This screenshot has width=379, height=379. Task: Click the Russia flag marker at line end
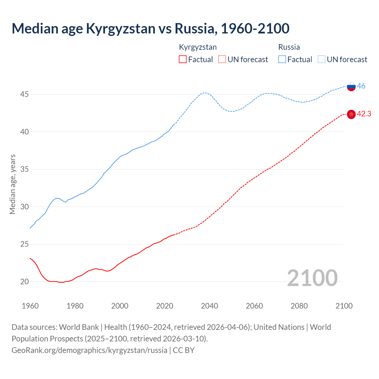351,86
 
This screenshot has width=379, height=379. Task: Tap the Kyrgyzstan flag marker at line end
351,114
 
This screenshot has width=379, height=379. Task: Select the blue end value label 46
361,86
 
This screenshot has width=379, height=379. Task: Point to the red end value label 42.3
364,114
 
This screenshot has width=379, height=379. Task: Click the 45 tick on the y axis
25,94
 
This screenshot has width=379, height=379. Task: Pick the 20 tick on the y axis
25,282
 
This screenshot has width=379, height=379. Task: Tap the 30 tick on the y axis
25,207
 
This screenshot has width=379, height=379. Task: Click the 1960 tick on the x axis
30,306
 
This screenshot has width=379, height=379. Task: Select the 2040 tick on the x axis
209,306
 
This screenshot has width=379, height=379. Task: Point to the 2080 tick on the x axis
299,306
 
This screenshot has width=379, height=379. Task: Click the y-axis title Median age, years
12,184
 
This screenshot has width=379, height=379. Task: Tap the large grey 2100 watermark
312,278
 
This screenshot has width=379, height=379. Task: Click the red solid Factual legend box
183,60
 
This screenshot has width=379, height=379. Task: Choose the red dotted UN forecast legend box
222,60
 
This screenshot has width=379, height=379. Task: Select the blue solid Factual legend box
282,60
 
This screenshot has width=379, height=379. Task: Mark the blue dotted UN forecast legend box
322,60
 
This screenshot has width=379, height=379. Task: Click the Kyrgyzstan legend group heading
198,47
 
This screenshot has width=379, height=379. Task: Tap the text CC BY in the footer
184,350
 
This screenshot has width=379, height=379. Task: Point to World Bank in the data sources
79,327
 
